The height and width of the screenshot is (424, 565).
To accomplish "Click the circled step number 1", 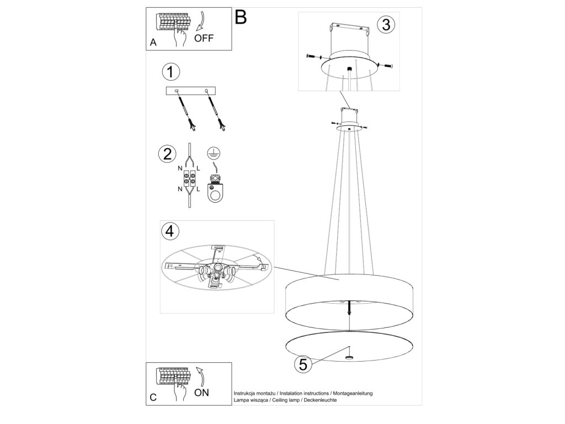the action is point(171,71).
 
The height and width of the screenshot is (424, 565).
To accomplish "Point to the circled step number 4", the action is point(170,231).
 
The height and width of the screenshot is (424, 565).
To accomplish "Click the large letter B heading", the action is point(241,17).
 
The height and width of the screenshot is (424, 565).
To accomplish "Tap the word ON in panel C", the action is point(201,393).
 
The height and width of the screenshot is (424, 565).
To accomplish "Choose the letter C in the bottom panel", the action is point(153,397).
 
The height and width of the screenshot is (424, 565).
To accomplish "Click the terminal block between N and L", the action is point(189,179).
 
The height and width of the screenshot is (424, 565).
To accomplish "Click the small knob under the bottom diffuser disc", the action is point(349,357).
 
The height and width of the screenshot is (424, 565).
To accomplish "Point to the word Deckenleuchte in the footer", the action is point(319,400).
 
